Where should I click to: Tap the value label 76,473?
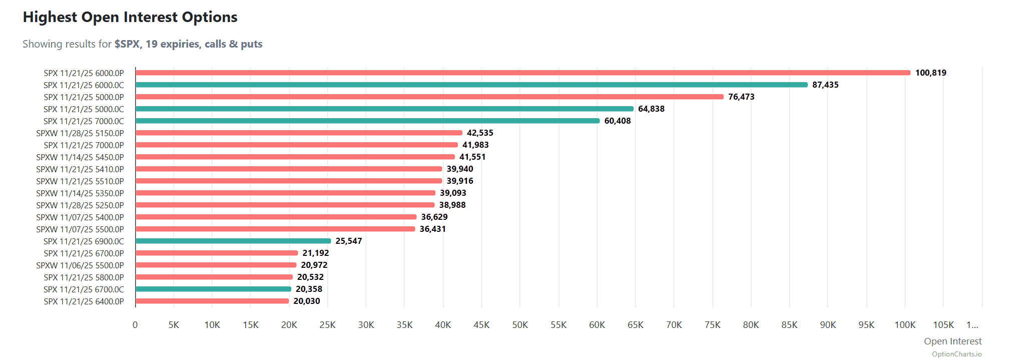point(741,97)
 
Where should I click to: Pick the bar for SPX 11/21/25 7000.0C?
point(367,121)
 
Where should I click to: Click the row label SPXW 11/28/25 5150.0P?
point(80,133)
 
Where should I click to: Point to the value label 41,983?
point(475,145)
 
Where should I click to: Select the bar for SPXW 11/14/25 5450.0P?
point(295,157)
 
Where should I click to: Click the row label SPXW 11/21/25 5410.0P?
point(80,169)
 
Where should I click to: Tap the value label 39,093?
point(453,193)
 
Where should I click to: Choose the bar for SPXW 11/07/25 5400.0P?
point(276,217)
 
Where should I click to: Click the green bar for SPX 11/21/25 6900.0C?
point(233,241)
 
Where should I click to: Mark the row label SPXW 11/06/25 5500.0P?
point(80,265)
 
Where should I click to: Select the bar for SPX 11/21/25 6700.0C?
point(213,289)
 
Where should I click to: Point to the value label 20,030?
point(307,301)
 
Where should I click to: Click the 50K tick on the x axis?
point(520,325)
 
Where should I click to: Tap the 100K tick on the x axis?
point(905,325)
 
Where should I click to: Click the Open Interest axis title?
point(952,341)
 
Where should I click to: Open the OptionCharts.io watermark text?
point(956,354)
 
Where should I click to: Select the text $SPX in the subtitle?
point(127,44)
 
